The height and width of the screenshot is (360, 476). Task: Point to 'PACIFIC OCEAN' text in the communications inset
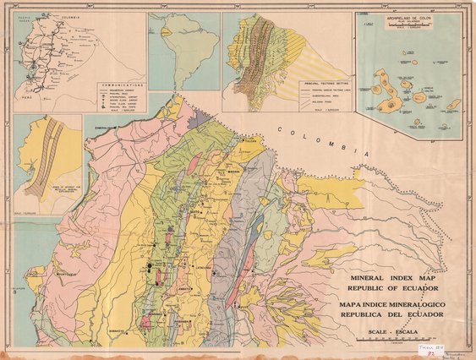point(23,18)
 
